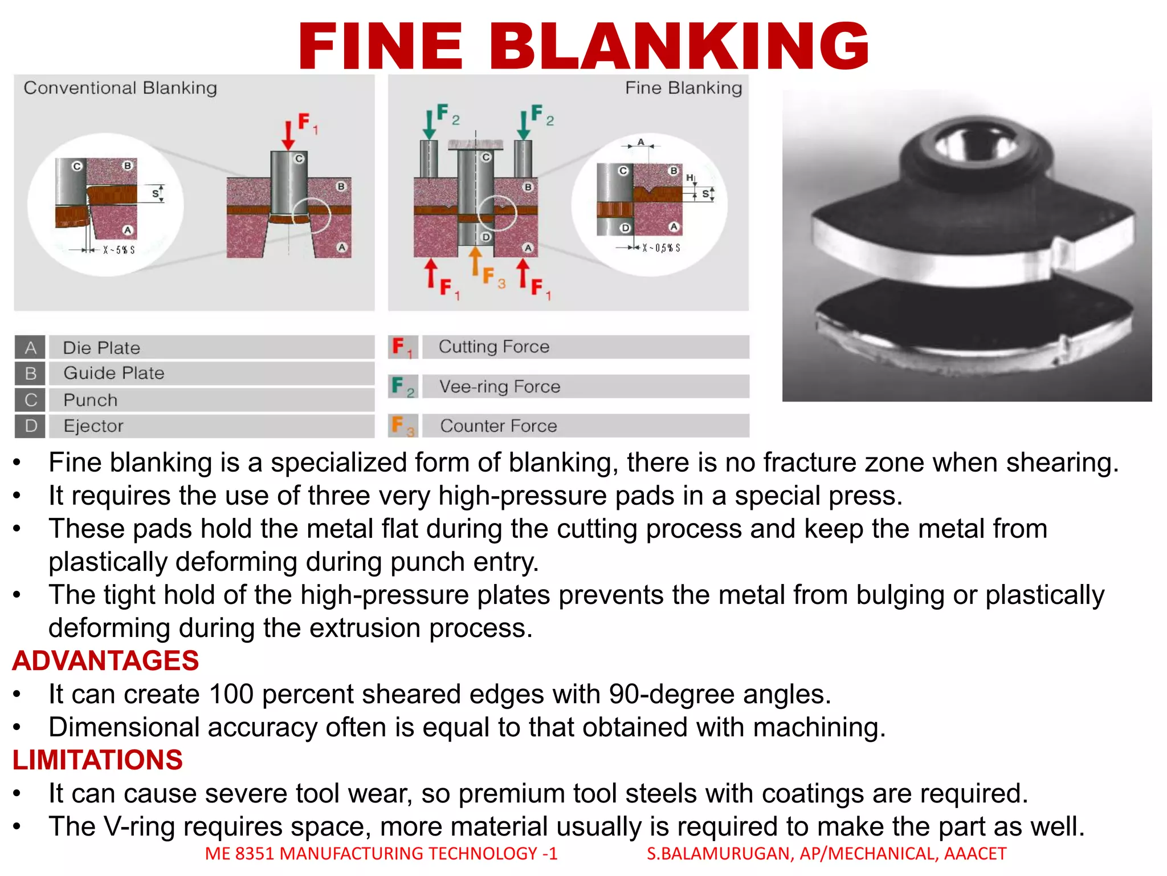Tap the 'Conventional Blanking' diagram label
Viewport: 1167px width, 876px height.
pyautogui.click(x=120, y=88)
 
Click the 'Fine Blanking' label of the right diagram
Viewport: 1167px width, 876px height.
pyautogui.click(x=683, y=88)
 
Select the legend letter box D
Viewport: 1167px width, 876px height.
pyautogui.click(x=30, y=426)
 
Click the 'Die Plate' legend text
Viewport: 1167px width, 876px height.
pyautogui.click(x=101, y=348)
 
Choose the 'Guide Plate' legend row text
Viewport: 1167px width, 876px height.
pyautogui.click(x=114, y=373)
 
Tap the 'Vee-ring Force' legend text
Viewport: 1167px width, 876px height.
pyautogui.click(x=500, y=387)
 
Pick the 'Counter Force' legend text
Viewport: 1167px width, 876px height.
pyautogui.click(x=499, y=426)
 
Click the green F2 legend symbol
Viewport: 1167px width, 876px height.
pyautogui.click(x=402, y=387)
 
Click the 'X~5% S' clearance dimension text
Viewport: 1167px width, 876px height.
pyautogui.click(x=119, y=250)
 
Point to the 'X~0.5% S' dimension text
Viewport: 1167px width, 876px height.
pyautogui.click(x=661, y=248)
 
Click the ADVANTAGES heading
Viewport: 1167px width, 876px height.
pyautogui.click(x=105, y=661)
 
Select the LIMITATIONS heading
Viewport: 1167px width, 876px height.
pyautogui.click(x=97, y=760)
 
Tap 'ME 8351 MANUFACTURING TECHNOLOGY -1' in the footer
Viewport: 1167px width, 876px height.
pyautogui.click(x=381, y=854)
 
